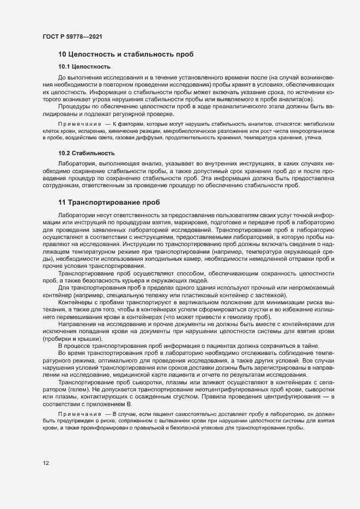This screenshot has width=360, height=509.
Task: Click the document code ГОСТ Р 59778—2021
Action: point(72,37)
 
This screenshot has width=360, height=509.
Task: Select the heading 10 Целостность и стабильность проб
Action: point(123,54)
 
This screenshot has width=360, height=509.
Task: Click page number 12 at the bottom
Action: point(46,463)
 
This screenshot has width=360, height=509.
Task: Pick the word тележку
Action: point(142,294)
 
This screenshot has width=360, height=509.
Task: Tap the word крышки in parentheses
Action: point(89,339)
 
